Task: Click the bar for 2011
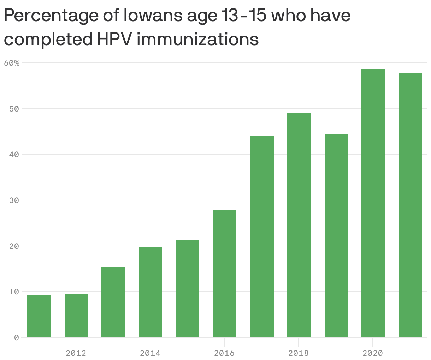pyautogui.click(x=39, y=316)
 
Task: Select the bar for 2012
pyautogui.click(x=76, y=316)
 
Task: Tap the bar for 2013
pyautogui.click(x=113, y=302)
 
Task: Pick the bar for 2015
pyautogui.click(x=187, y=288)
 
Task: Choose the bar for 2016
pyautogui.click(x=225, y=274)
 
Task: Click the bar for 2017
pyautogui.click(x=262, y=236)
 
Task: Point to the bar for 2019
pyautogui.click(x=336, y=235)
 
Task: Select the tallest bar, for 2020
pyautogui.click(x=373, y=203)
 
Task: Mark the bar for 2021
pyautogui.click(x=411, y=205)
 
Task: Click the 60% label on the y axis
pyautogui.click(x=12, y=63)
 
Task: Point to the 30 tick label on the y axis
pyautogui.click(x=14, y=200)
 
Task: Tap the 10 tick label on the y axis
pyautogui.click(x=14, y=292)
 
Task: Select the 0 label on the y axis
pyautogui.click(x=16, y=338)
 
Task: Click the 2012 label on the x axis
pyautogui.click(x=76, y=353)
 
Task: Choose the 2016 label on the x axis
pyautogui.click(x=224, y=353)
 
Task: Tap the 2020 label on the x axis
pyautogui.click(x=373, y=353)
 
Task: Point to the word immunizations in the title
pyautogui.click(x=197, y=39)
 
